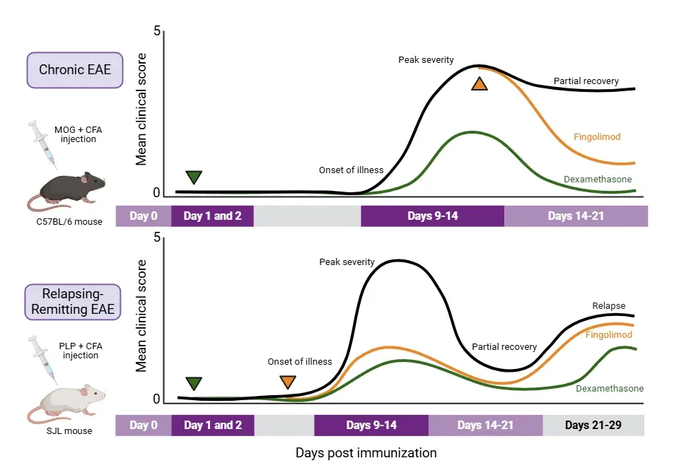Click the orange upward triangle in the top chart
point(480,84)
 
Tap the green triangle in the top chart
point(193,177)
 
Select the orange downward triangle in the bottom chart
point(287,382)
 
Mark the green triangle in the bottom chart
point(194,383)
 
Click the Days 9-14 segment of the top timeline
point(432,216)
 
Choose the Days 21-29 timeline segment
point(593,425)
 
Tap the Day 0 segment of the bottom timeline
point(143,425)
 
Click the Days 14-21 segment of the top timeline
point(576,216)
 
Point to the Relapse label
point(608,305)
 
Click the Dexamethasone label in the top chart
point(598,180)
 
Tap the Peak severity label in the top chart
point(426,59)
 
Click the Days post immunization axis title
point(366,452)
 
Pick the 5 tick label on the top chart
point(157,32)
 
